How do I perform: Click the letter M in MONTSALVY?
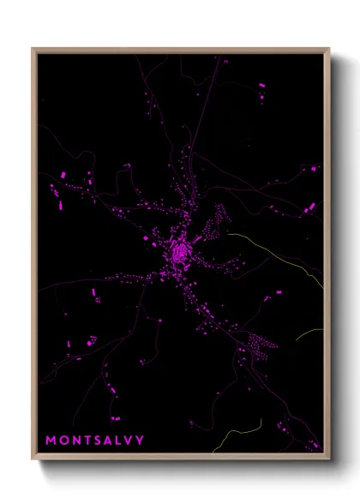click(51, 441)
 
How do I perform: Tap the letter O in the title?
click(63, 441)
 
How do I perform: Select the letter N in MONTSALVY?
click(75, 441)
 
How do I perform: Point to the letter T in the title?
click(87, 441)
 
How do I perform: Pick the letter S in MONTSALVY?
click(99, 441)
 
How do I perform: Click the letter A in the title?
click(109, 441)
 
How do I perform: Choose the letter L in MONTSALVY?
click(120, 441)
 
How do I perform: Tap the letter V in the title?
click(129, 441)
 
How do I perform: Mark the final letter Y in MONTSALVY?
click(141, 441)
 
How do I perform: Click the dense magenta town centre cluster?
click(180, 253)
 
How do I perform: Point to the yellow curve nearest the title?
click(225, 441)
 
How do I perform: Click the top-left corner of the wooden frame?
click(33, 49)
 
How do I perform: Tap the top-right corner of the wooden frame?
click(329, 49)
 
